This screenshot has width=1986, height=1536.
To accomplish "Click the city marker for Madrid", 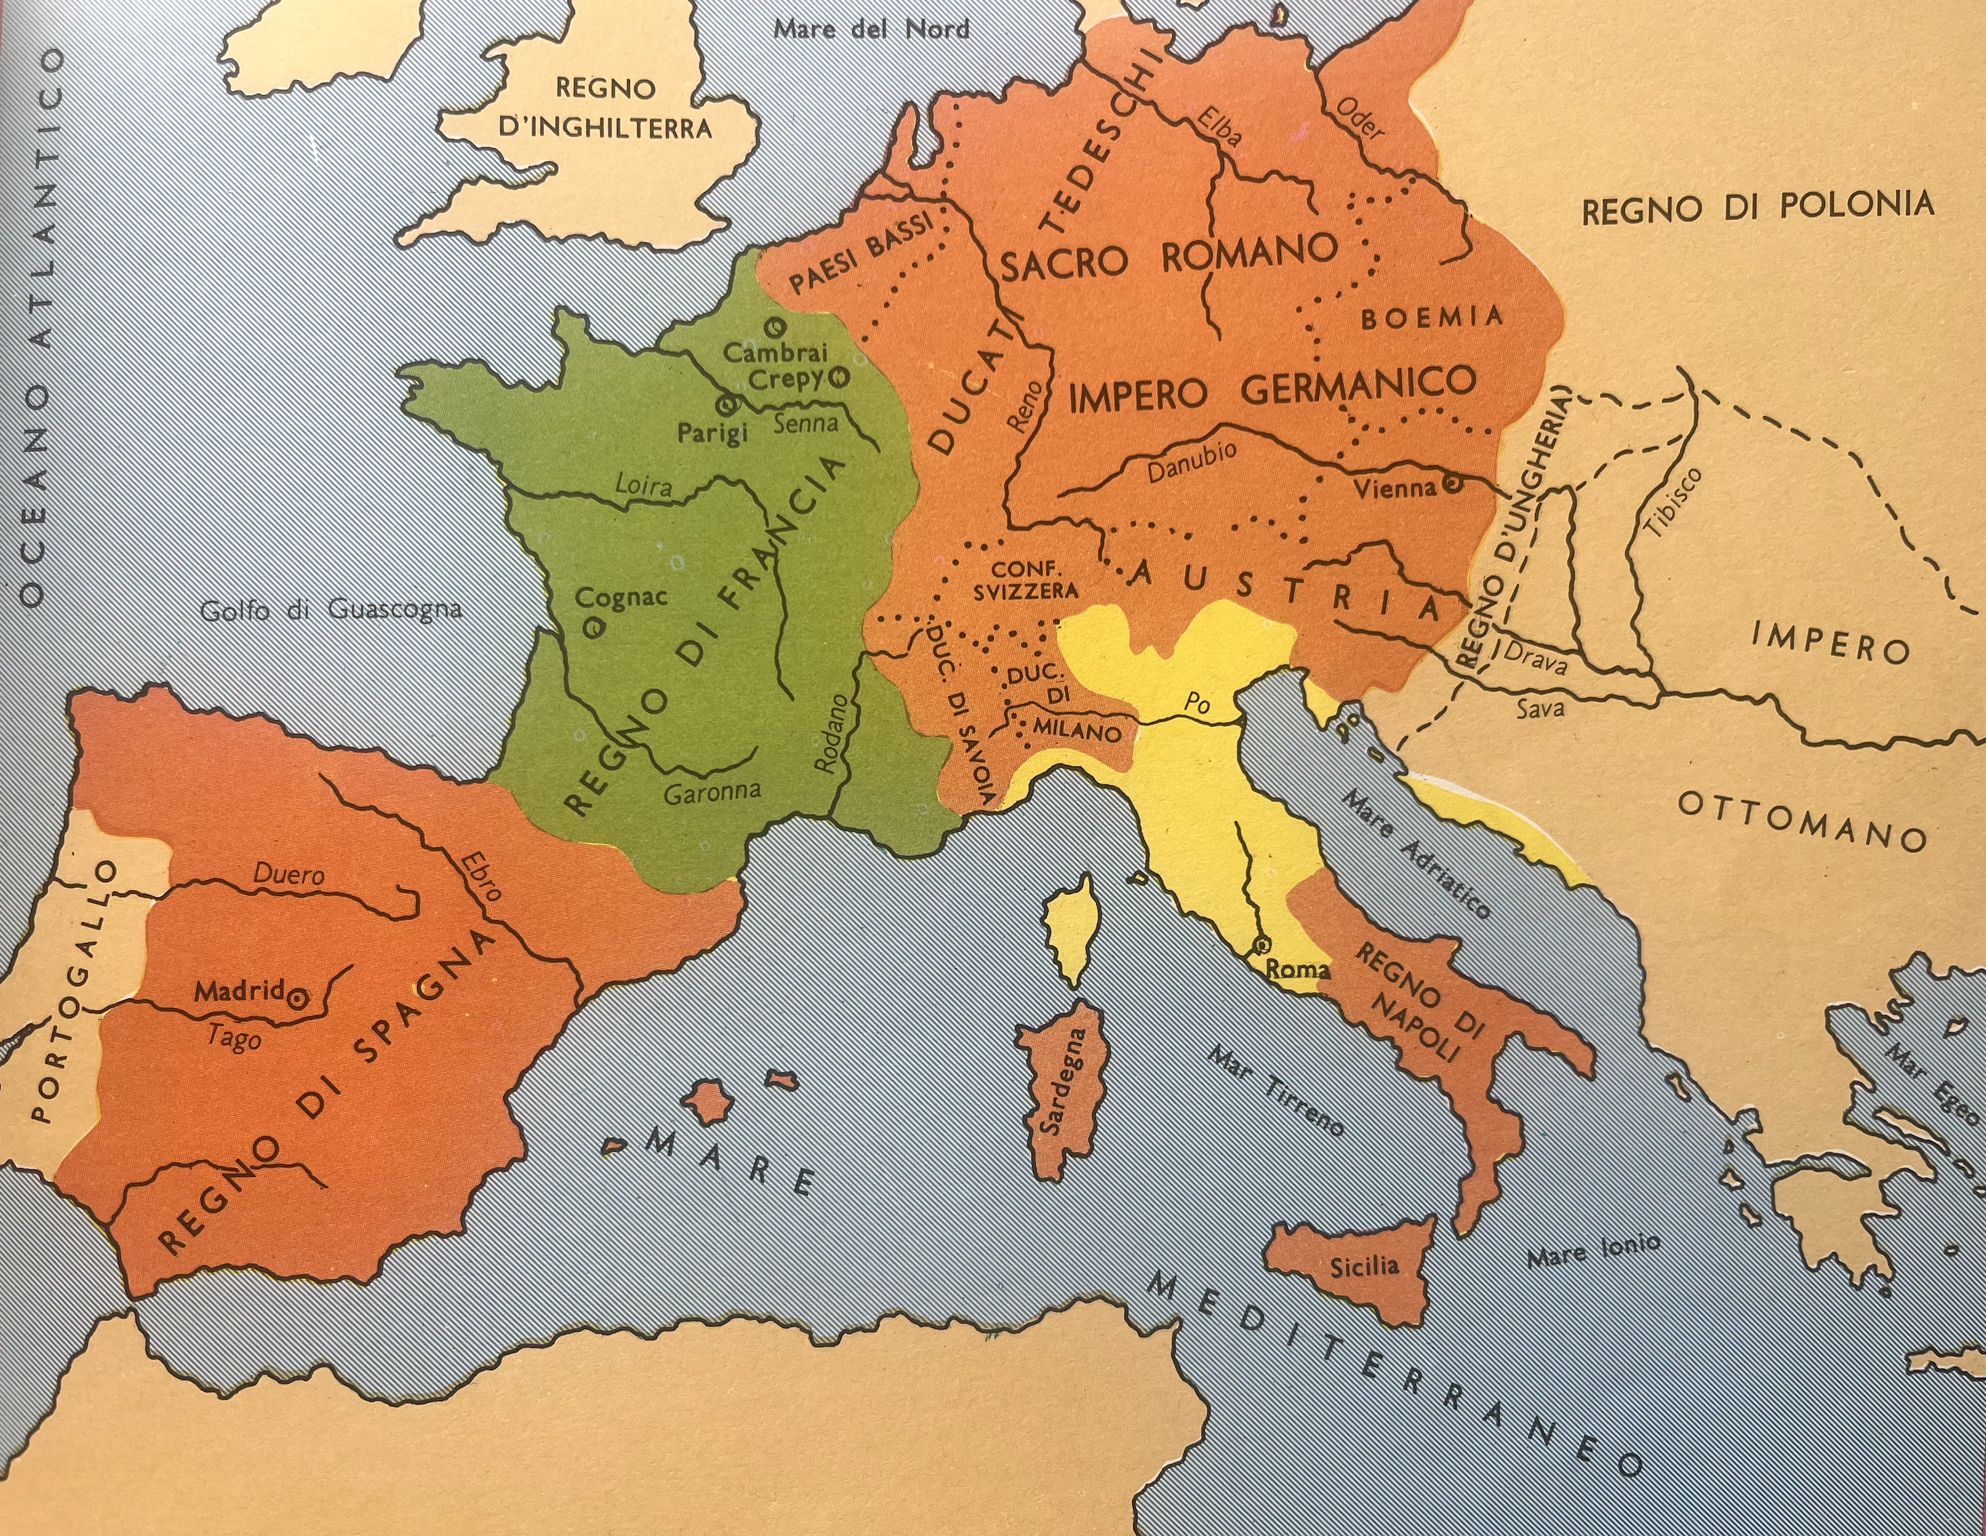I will click(x=296, y=999).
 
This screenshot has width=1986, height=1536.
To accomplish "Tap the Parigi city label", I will click(x=712, y=433).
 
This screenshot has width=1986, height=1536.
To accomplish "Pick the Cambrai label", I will click(x=775, y=352).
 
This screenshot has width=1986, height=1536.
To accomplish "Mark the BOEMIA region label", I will click(x=1431, y=318).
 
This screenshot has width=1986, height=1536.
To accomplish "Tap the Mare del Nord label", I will click(x=871, y=29).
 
